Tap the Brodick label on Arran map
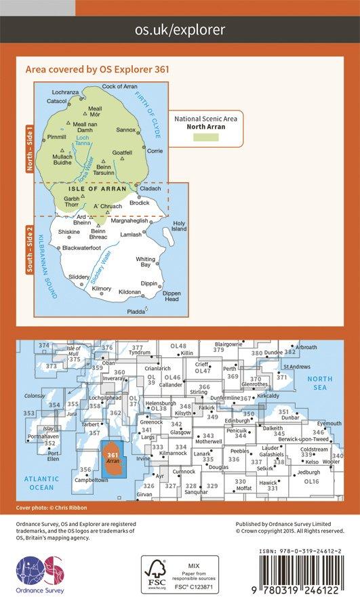point(139,203)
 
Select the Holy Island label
point(179,226)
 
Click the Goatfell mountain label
point(122,152)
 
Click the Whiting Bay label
point(146,262)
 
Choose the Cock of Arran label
point(120,87)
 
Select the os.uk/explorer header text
point(180,30)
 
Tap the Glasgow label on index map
point(180,432)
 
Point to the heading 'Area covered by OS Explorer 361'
point(96,68)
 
